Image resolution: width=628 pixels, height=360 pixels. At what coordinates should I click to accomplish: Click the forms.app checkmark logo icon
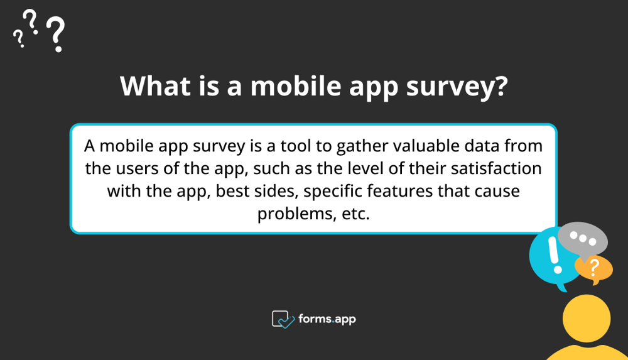click(283, 319)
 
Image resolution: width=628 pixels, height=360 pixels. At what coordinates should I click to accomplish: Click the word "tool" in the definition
click(282, 146)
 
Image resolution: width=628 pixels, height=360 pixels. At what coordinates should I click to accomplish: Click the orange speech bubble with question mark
click(593, 268)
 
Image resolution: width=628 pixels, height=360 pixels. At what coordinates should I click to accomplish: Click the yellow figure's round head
click(586, 319)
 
